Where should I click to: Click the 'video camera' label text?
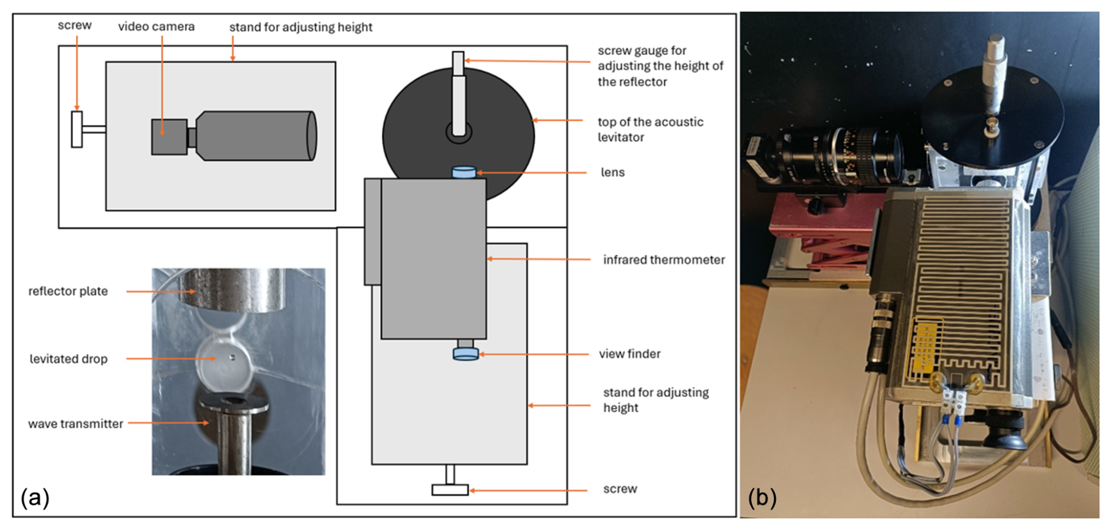[x=156, y=26]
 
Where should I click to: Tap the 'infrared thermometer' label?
[x=664, y=260]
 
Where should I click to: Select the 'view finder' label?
[x=629, y=354]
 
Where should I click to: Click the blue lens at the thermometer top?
[x=464, y=172]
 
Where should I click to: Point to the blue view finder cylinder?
[x=465, y=354]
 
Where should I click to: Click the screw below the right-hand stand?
[x=450, y=489]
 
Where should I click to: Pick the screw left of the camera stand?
[x=77, y=129]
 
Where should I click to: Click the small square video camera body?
[x=169, y=137]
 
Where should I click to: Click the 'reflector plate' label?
[x=68, y=291]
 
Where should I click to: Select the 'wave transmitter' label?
[x=76, y=424]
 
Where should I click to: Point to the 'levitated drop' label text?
[x=69, y=359]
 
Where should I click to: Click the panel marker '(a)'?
[x=35, y=498]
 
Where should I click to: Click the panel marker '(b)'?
[x=762, y=498]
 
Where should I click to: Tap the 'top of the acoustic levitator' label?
[x=650, y=129]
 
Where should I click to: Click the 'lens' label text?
[x=612, y=172]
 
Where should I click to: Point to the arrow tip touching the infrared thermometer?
[x=488, y=259]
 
